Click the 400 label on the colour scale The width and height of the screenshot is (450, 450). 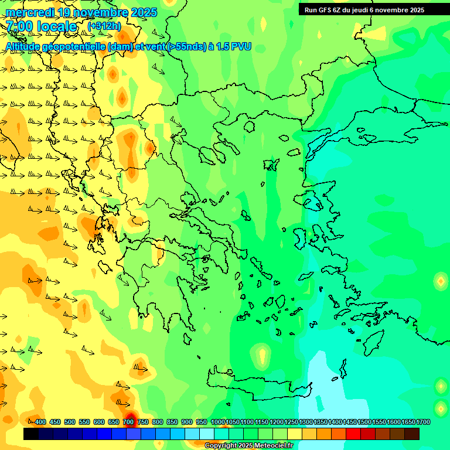[40, 422]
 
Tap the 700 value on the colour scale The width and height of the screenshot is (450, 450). [128, 422]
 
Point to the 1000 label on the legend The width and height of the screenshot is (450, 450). [217, 422]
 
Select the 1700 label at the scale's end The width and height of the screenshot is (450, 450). [424, 422]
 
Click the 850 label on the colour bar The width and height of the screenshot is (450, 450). [172, 422]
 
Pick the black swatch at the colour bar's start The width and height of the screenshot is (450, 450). [31, 434]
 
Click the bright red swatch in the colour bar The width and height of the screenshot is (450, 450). [353, 434]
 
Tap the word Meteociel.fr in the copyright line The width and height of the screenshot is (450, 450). [274, 446]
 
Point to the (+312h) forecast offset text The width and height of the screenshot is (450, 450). [104, 26]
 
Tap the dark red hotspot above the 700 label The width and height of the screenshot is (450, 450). [130, 417]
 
